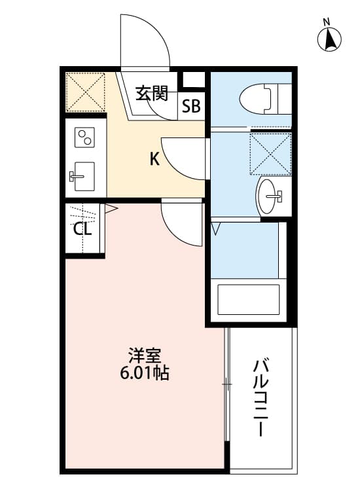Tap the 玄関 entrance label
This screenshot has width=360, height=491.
152,93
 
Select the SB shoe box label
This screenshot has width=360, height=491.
191,107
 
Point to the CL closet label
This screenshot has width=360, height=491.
82,229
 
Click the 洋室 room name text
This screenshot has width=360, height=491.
144,357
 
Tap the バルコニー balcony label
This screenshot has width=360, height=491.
261,397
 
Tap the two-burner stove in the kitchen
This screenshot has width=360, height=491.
86,138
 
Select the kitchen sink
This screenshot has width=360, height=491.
83,175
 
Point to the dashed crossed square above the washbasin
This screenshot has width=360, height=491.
270,153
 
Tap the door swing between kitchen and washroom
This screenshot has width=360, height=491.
183,157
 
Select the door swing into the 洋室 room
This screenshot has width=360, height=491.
183,223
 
